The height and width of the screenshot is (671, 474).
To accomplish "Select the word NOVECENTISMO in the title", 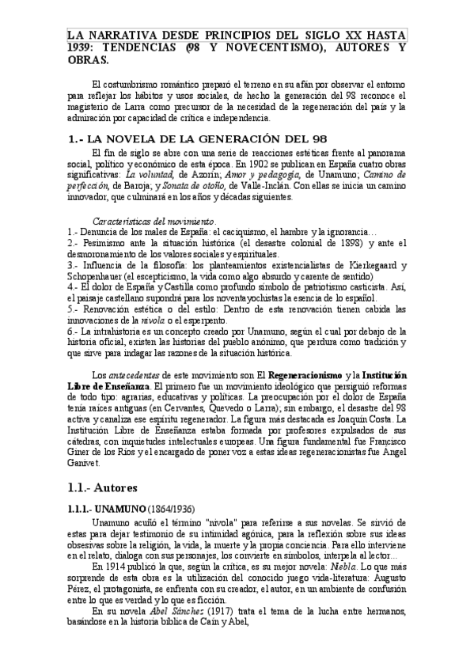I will [254, 47].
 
